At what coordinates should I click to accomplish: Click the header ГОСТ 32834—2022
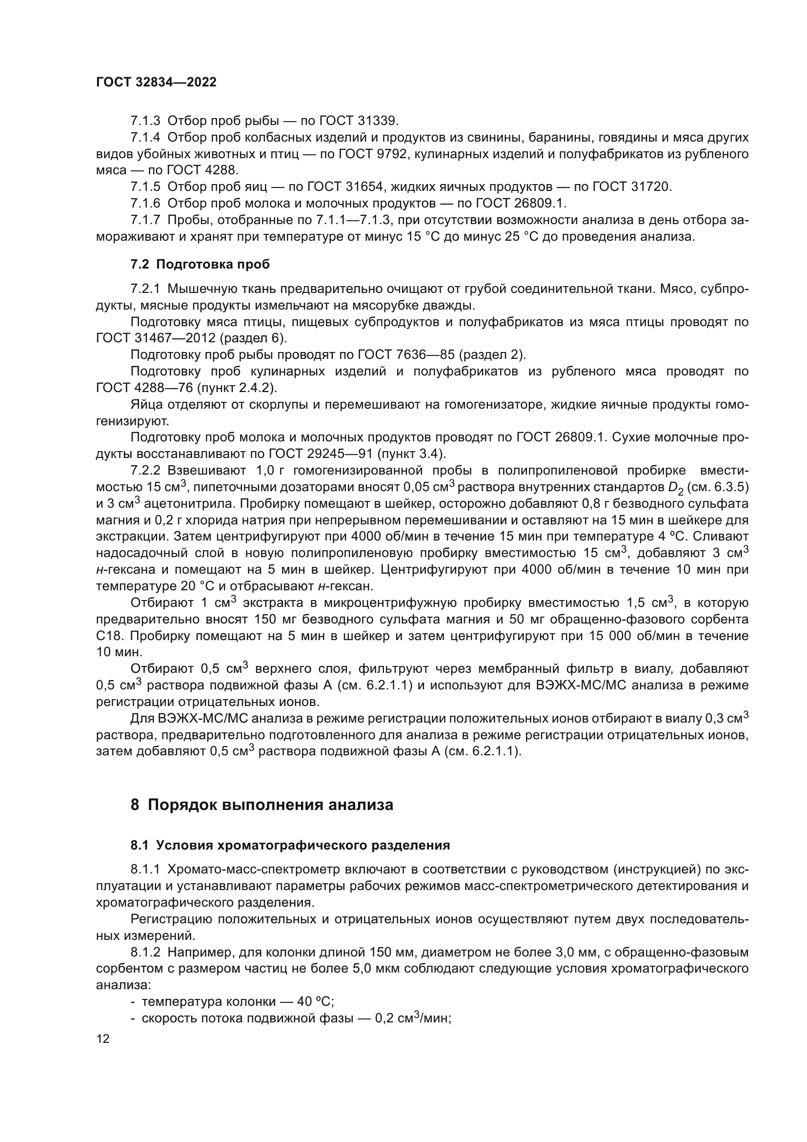point(156,83)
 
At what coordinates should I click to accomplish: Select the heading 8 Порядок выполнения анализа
point(262,804)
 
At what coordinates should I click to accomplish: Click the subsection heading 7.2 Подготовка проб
point(200,265)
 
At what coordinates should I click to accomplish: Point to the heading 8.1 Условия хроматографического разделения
point(290,845)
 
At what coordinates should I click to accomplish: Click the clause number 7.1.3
point(145,121)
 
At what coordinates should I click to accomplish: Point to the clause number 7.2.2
point(145,471)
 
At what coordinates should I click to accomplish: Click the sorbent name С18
point(108,636)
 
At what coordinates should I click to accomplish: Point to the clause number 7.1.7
point(145,220)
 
